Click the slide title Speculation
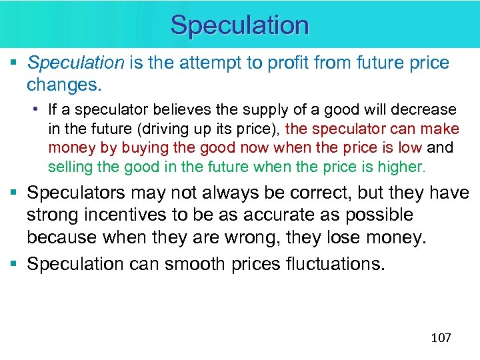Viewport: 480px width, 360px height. tap(240, 25)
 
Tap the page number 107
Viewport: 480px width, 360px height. tap(441, 337)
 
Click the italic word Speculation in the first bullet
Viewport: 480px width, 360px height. tap(76, 64)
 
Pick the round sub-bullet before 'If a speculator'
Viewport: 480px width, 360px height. tap(41, 109)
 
